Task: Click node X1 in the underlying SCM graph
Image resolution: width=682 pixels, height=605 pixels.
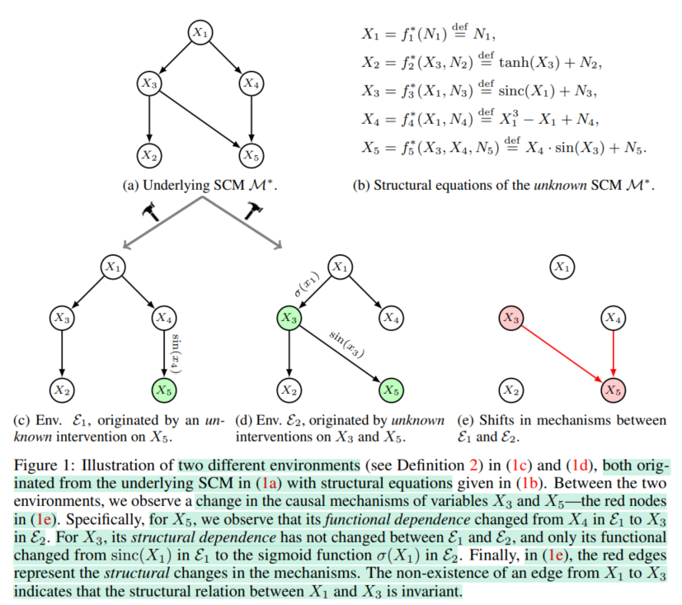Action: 200,32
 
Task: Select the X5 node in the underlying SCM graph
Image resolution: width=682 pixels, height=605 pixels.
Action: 250,154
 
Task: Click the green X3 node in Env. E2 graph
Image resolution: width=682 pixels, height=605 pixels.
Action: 288,317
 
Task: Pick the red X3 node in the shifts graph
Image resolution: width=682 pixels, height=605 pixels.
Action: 512,317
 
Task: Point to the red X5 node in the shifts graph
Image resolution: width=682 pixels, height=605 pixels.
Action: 612,389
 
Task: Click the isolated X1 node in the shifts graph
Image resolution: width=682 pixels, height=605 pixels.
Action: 562,267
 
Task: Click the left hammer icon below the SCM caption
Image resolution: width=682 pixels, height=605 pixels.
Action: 151,212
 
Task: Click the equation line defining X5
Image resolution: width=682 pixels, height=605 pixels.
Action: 504,149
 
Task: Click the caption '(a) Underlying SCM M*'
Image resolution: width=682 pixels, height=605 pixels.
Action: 200,186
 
